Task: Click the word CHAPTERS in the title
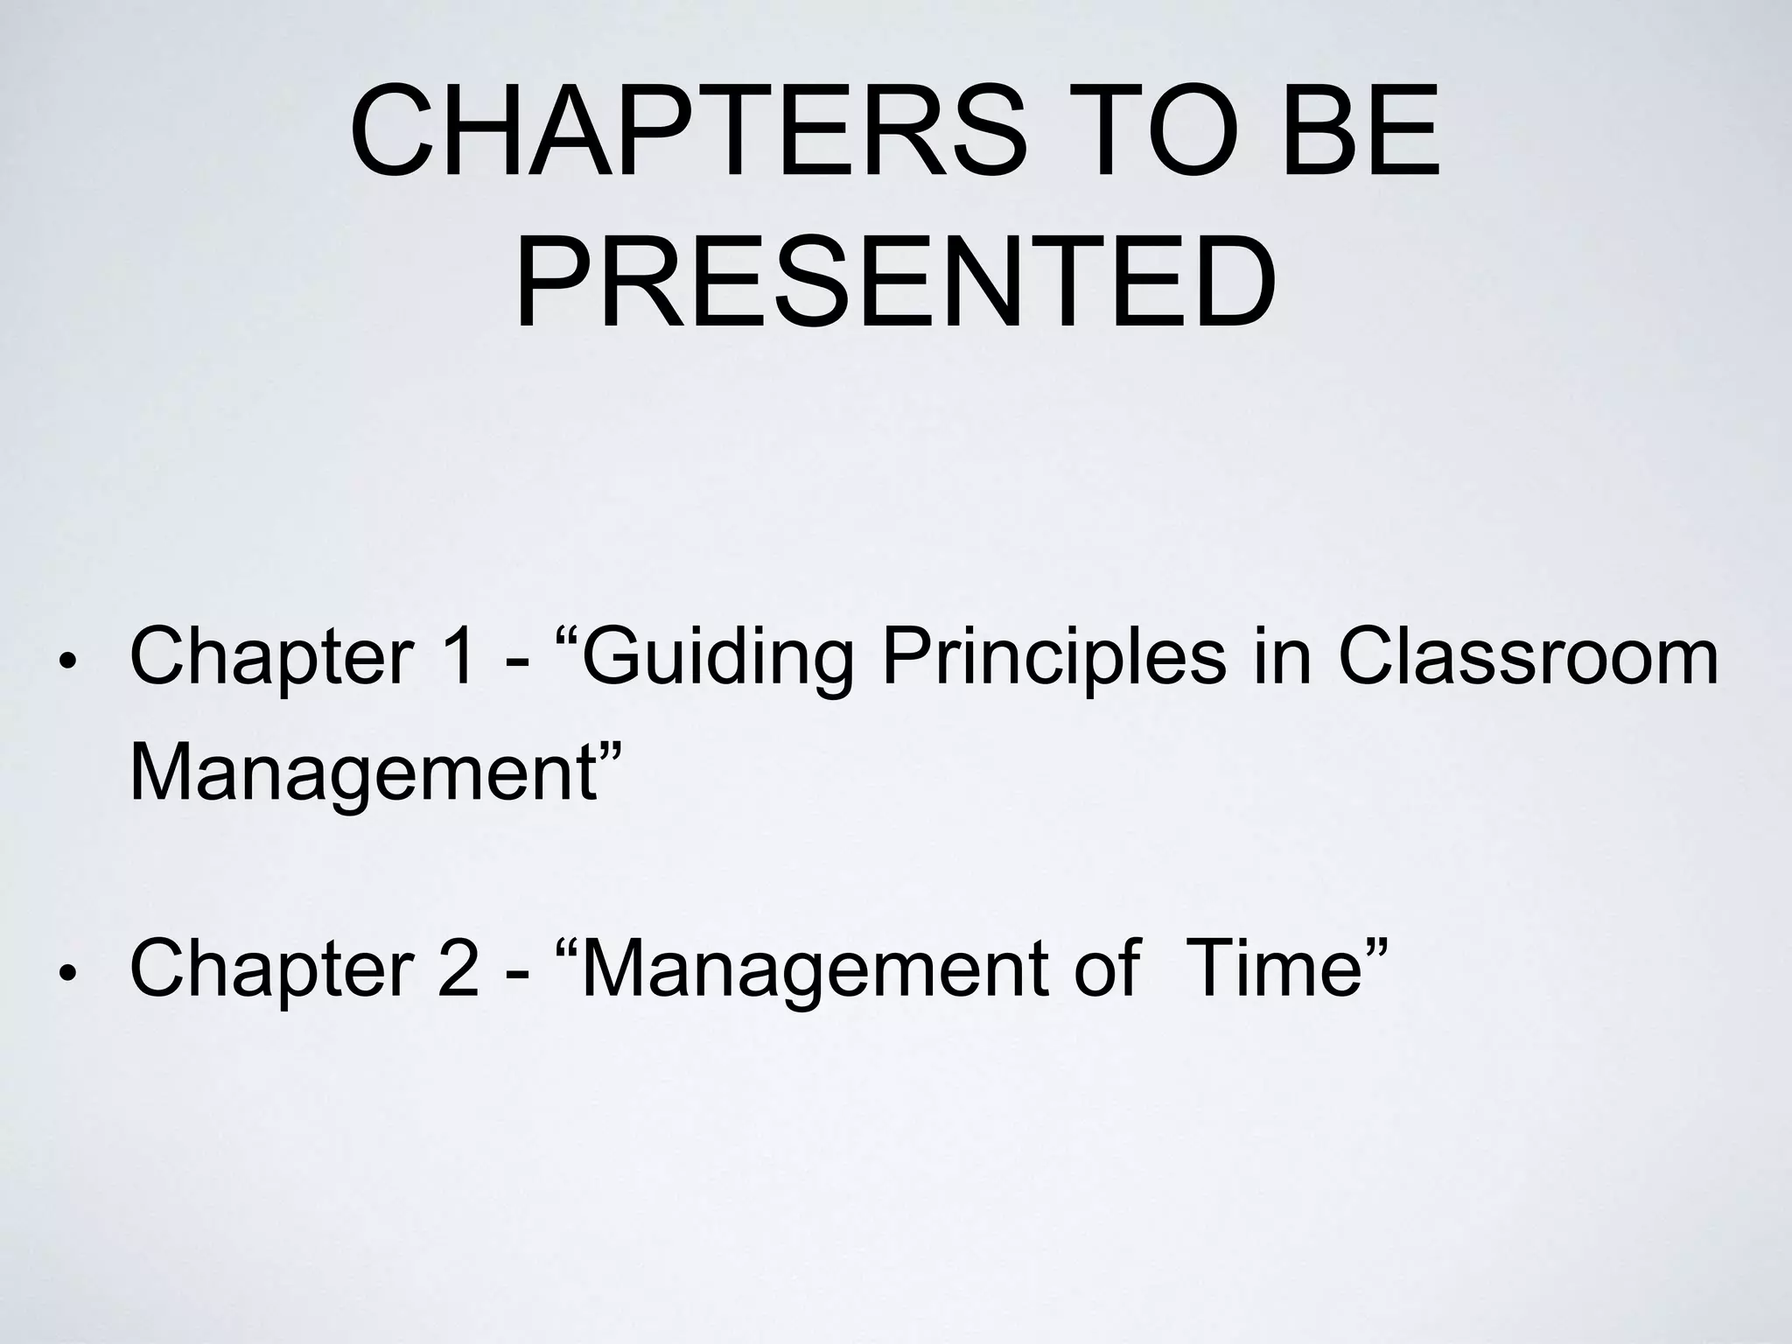(688, 131)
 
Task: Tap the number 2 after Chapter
(456, 968)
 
